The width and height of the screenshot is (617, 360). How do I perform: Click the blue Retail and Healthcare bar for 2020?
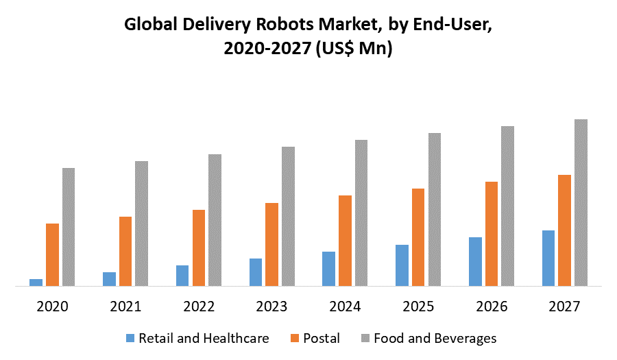pos(36,282)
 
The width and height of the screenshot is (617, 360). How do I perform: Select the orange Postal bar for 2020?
pos(52,254)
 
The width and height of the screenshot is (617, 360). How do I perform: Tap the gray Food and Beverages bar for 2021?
pos(142,223)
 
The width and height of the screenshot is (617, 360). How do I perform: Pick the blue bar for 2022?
pos(182,275)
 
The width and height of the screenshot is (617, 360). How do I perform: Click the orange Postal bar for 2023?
pos(272,244)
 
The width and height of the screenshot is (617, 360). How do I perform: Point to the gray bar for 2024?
pos(361,213)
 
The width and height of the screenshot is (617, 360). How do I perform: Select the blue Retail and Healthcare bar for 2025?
pos(402,265)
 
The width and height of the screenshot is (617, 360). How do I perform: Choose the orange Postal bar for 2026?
pos(492,233)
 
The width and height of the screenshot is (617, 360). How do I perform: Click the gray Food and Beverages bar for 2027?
pos(581,202)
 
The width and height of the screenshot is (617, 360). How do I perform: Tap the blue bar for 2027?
pos(548,258)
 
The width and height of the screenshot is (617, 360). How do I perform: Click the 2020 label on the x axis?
pos(52,307)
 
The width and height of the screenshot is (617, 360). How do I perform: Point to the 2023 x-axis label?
pos(272,307)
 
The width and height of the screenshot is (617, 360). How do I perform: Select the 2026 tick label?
pos(492,307)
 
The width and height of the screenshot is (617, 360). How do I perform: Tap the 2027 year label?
pos(565,307)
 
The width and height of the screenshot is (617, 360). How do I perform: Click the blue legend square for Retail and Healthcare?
pos(130,339)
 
